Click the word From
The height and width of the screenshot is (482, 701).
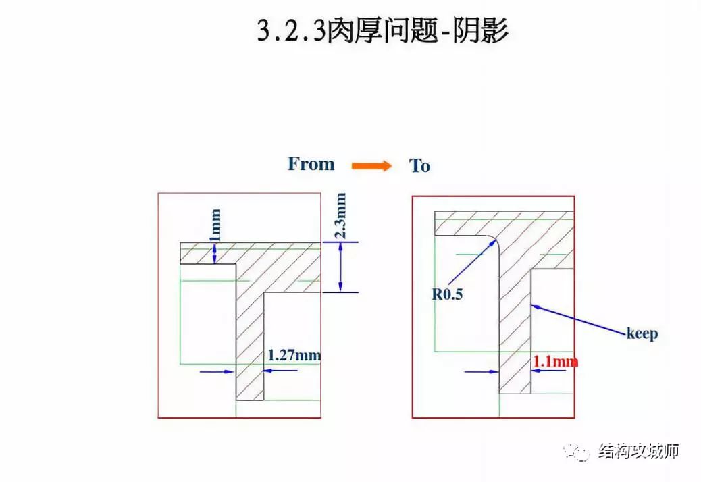[311, 164]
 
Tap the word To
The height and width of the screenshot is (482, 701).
[419, 166]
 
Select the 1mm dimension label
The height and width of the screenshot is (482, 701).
[215, 225]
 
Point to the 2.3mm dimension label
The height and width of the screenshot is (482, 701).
[340, 216]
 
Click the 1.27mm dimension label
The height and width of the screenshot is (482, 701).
[294, 355]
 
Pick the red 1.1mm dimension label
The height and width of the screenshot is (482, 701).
[556, 362]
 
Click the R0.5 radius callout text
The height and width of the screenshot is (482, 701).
[447, 294]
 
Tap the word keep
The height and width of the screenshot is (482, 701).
[642, 333]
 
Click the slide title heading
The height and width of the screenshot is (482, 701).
[382, 31]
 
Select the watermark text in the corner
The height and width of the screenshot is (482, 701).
[638, 450]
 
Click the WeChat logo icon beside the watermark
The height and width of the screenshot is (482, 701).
[579, 451]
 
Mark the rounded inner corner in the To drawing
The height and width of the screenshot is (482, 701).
[494, 241]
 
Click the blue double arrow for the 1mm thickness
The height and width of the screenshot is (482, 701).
[215, 252]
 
